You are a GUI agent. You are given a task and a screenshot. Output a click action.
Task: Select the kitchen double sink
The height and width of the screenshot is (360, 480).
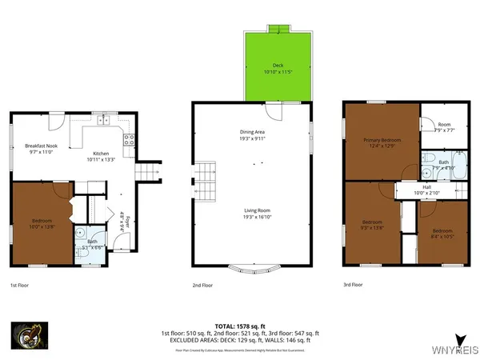[102, 122]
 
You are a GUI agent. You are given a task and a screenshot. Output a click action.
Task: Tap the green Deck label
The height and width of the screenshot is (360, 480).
[278, 69]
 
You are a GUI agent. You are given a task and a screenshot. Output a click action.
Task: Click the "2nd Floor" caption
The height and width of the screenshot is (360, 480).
[202, 285]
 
